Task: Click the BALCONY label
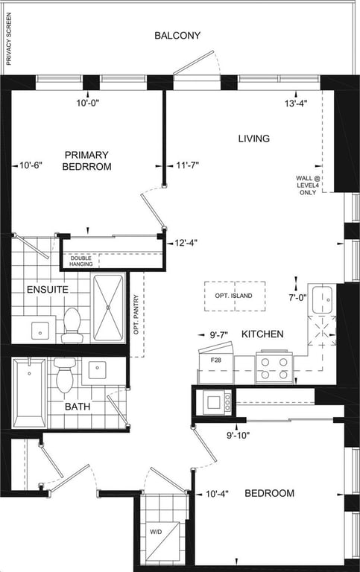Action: pyautogui.click(x=177, y=36)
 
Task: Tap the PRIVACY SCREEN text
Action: pyautogui.click(x=9, y=39)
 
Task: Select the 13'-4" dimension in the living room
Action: pyautogui.click(x=296, y=104)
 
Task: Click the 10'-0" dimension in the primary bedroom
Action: pyautogui.click(x=88, y=104)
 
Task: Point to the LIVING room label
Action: pyautogui.click(x=254, y=139)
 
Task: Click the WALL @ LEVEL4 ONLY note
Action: pyautogui.click(x=308, y=185)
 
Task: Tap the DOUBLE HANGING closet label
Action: pyautogui.click(x=81, y=261)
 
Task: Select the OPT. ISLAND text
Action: pyautogui.click(x=233, y=296)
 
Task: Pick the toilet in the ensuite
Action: pyautogui.click(x=72, y=325)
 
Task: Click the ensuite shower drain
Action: pyautogui.click(x=108, y=308)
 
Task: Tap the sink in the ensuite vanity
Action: pyautogui.click(x=40, y=330)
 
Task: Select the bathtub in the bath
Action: pyautogui.click(x=30, y=393)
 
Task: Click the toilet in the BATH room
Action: pyautogui.click(x=65, y=375)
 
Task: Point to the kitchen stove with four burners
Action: pyautogui.click(x=274, y=366)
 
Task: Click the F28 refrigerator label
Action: pyautogui.click(x=216, y=360)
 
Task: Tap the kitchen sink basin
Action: pyautogui.click(x=323, y=299)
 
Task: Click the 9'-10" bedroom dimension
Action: pyautogui.click(x=238, y=435)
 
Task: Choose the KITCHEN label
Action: pyautogui.click(x=262, y=334)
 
